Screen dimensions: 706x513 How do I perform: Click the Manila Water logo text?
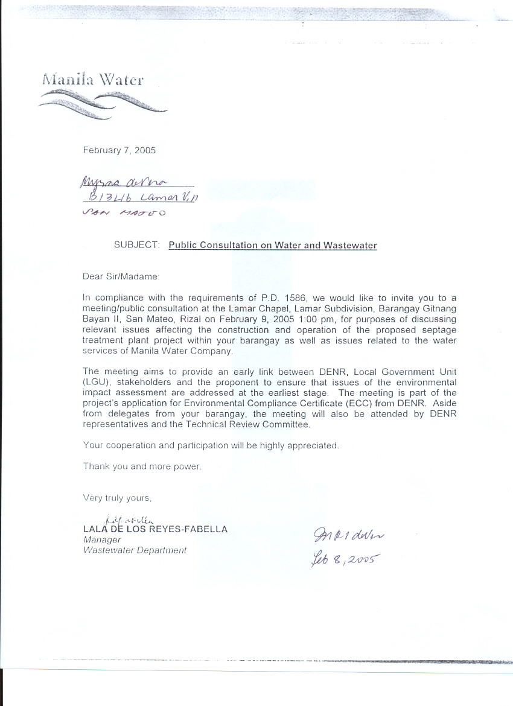pyautogui.click(x=93, y=79)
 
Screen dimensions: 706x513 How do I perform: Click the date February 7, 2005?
pyautogui.click(x=119, y=150)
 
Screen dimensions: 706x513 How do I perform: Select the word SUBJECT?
pyautogui.click(x=137, y=245)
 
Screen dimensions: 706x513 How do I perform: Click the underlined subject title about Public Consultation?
pyautogui.click(x=272, y=245)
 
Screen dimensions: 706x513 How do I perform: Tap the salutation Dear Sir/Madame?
pyautogui.click(x=121, y=276)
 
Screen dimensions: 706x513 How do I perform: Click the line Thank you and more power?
pyautogui.click(x=142, y=466)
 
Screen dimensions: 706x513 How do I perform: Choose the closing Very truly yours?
pyautogui.click(x=117, y=498)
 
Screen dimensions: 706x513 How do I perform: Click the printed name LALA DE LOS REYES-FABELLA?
pyautogui.click(x=155, y=529)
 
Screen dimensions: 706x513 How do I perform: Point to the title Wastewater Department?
pyautogui.click(x=135, y=550)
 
